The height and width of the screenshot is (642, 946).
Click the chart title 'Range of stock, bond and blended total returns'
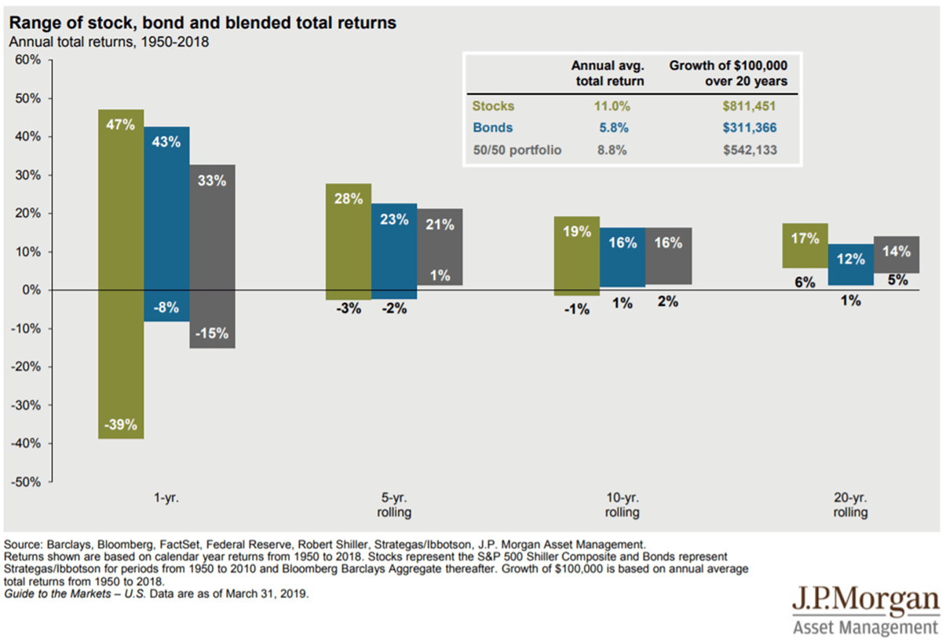(203, 24)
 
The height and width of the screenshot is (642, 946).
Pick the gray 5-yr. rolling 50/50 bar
(440, 246)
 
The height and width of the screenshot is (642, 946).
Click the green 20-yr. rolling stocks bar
(805, 246)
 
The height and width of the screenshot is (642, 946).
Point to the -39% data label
(121, 425)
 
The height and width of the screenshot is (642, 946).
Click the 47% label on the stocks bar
(121, 123)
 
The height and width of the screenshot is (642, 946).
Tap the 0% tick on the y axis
(32, 290)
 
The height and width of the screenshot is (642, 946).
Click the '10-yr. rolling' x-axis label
(622, 505)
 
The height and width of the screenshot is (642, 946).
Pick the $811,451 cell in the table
(759, 106)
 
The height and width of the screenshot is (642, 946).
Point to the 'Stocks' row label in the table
(493, 106)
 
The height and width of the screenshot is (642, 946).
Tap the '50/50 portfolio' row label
(517, 150)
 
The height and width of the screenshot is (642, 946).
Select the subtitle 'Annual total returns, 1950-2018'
(108, 42)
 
